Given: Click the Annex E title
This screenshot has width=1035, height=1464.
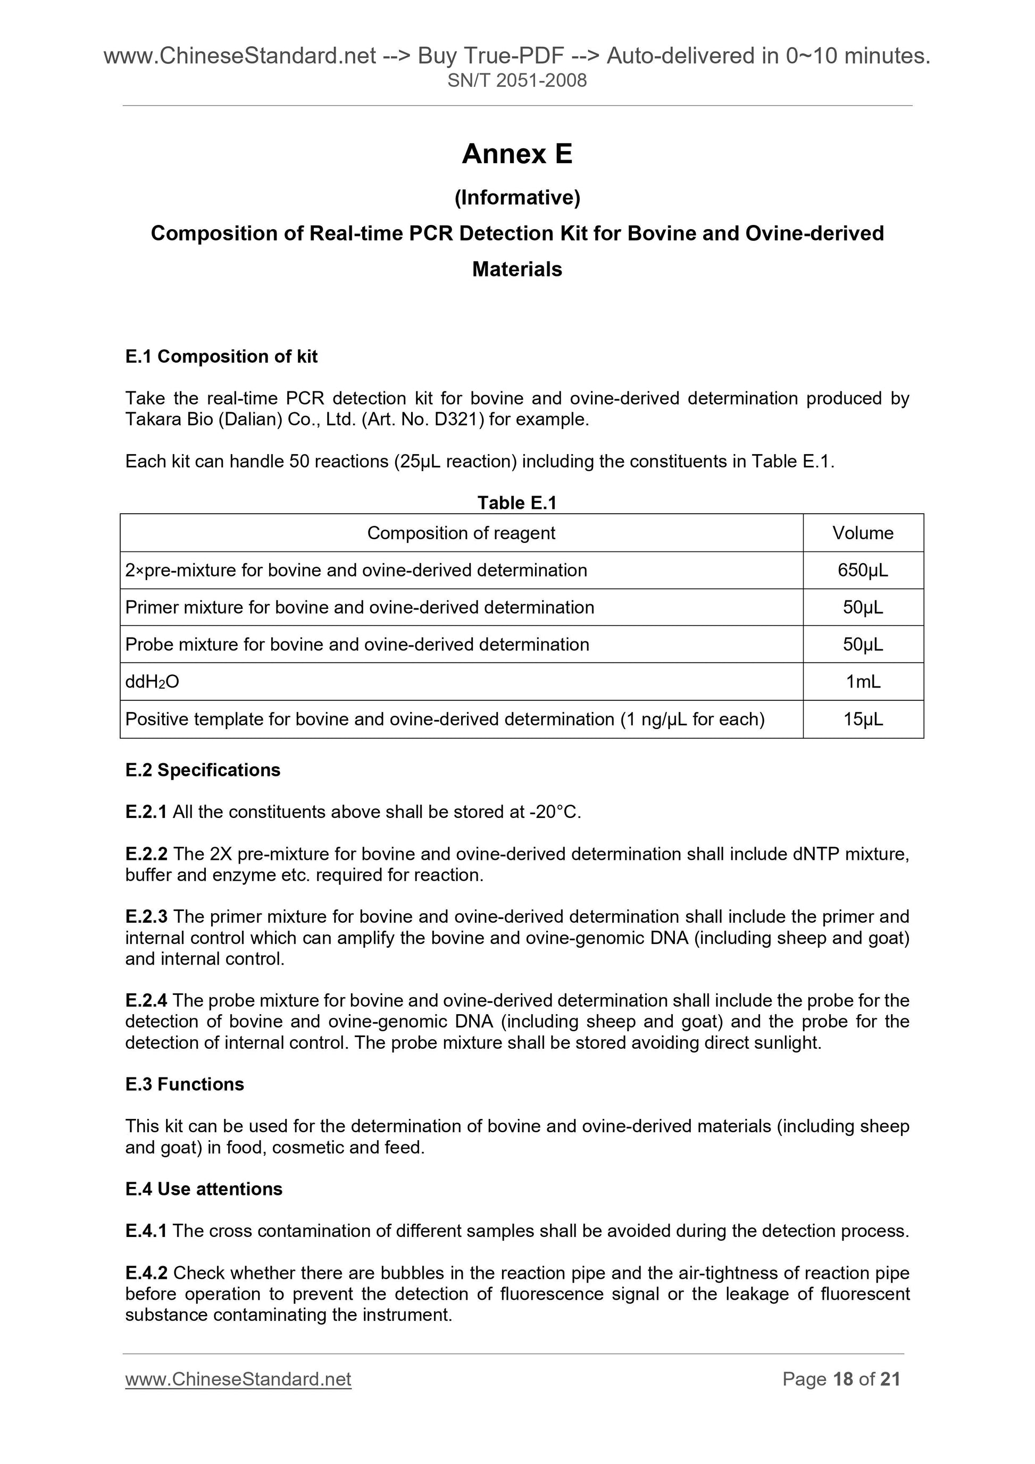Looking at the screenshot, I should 517,154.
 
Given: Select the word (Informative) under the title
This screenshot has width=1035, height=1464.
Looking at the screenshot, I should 517,198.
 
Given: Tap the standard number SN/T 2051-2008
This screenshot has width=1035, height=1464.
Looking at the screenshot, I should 517,80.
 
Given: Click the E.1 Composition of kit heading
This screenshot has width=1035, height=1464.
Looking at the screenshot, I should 221,356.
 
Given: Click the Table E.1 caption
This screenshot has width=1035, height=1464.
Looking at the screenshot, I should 517,503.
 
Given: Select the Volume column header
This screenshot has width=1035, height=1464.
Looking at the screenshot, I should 863,533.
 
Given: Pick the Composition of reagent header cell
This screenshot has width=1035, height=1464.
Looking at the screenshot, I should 461,533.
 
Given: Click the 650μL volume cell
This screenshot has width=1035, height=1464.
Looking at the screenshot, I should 863,570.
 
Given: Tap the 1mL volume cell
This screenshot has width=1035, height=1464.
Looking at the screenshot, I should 863,682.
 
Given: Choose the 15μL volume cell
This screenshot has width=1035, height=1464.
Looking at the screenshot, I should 863,720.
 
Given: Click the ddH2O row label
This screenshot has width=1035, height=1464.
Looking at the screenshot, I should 153,682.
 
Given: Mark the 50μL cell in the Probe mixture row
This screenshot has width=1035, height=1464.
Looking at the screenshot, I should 863,645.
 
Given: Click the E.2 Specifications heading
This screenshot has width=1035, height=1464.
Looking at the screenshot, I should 203,770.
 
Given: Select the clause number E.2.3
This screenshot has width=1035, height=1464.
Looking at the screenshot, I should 146,917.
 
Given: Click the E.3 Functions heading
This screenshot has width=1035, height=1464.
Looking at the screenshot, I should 185,1085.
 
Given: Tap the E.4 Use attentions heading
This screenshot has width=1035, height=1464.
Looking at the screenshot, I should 204,1189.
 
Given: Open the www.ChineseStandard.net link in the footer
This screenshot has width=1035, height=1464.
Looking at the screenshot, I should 238,1379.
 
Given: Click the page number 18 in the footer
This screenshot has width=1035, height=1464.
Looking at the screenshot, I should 843,1379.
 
